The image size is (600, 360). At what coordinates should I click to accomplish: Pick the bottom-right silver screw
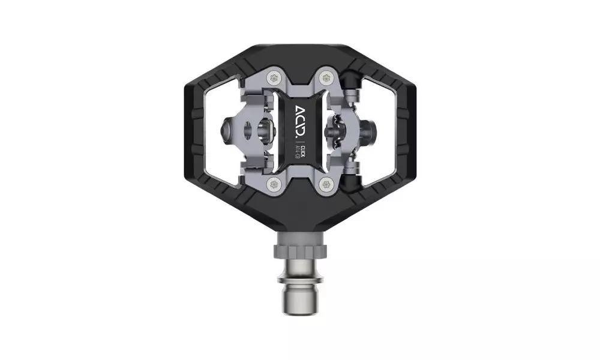[325, 182]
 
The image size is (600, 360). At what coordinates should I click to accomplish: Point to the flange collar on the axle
[300, 280]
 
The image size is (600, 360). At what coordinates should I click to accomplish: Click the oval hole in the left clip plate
[263, 128]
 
